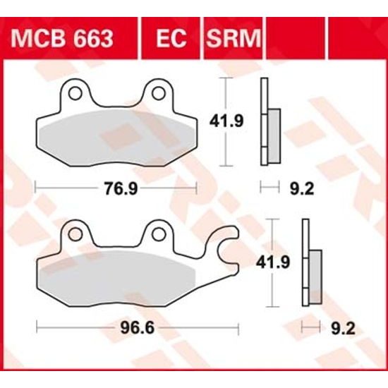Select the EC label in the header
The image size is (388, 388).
click(x=171, y=37)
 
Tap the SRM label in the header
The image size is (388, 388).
click(x=232, y=37)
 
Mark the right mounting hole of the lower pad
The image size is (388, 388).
click(x=159, y=233)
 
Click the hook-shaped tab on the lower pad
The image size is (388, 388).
click(x=227, y=248)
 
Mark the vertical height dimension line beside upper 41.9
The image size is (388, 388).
click(x=225, y=121)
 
